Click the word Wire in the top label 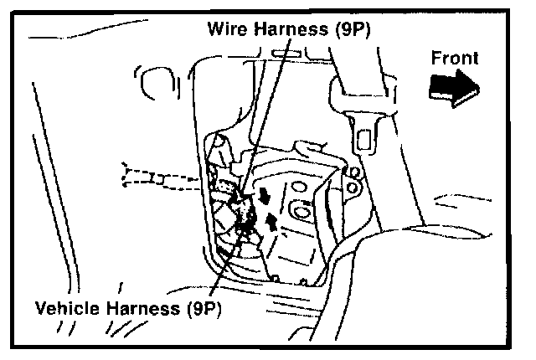[x=227, y=28]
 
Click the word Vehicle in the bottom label [x=70, y=307]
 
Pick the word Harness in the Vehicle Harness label [x=146, y=307]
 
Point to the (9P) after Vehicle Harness [x=205, y=307]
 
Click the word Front [x=455, y=59]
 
